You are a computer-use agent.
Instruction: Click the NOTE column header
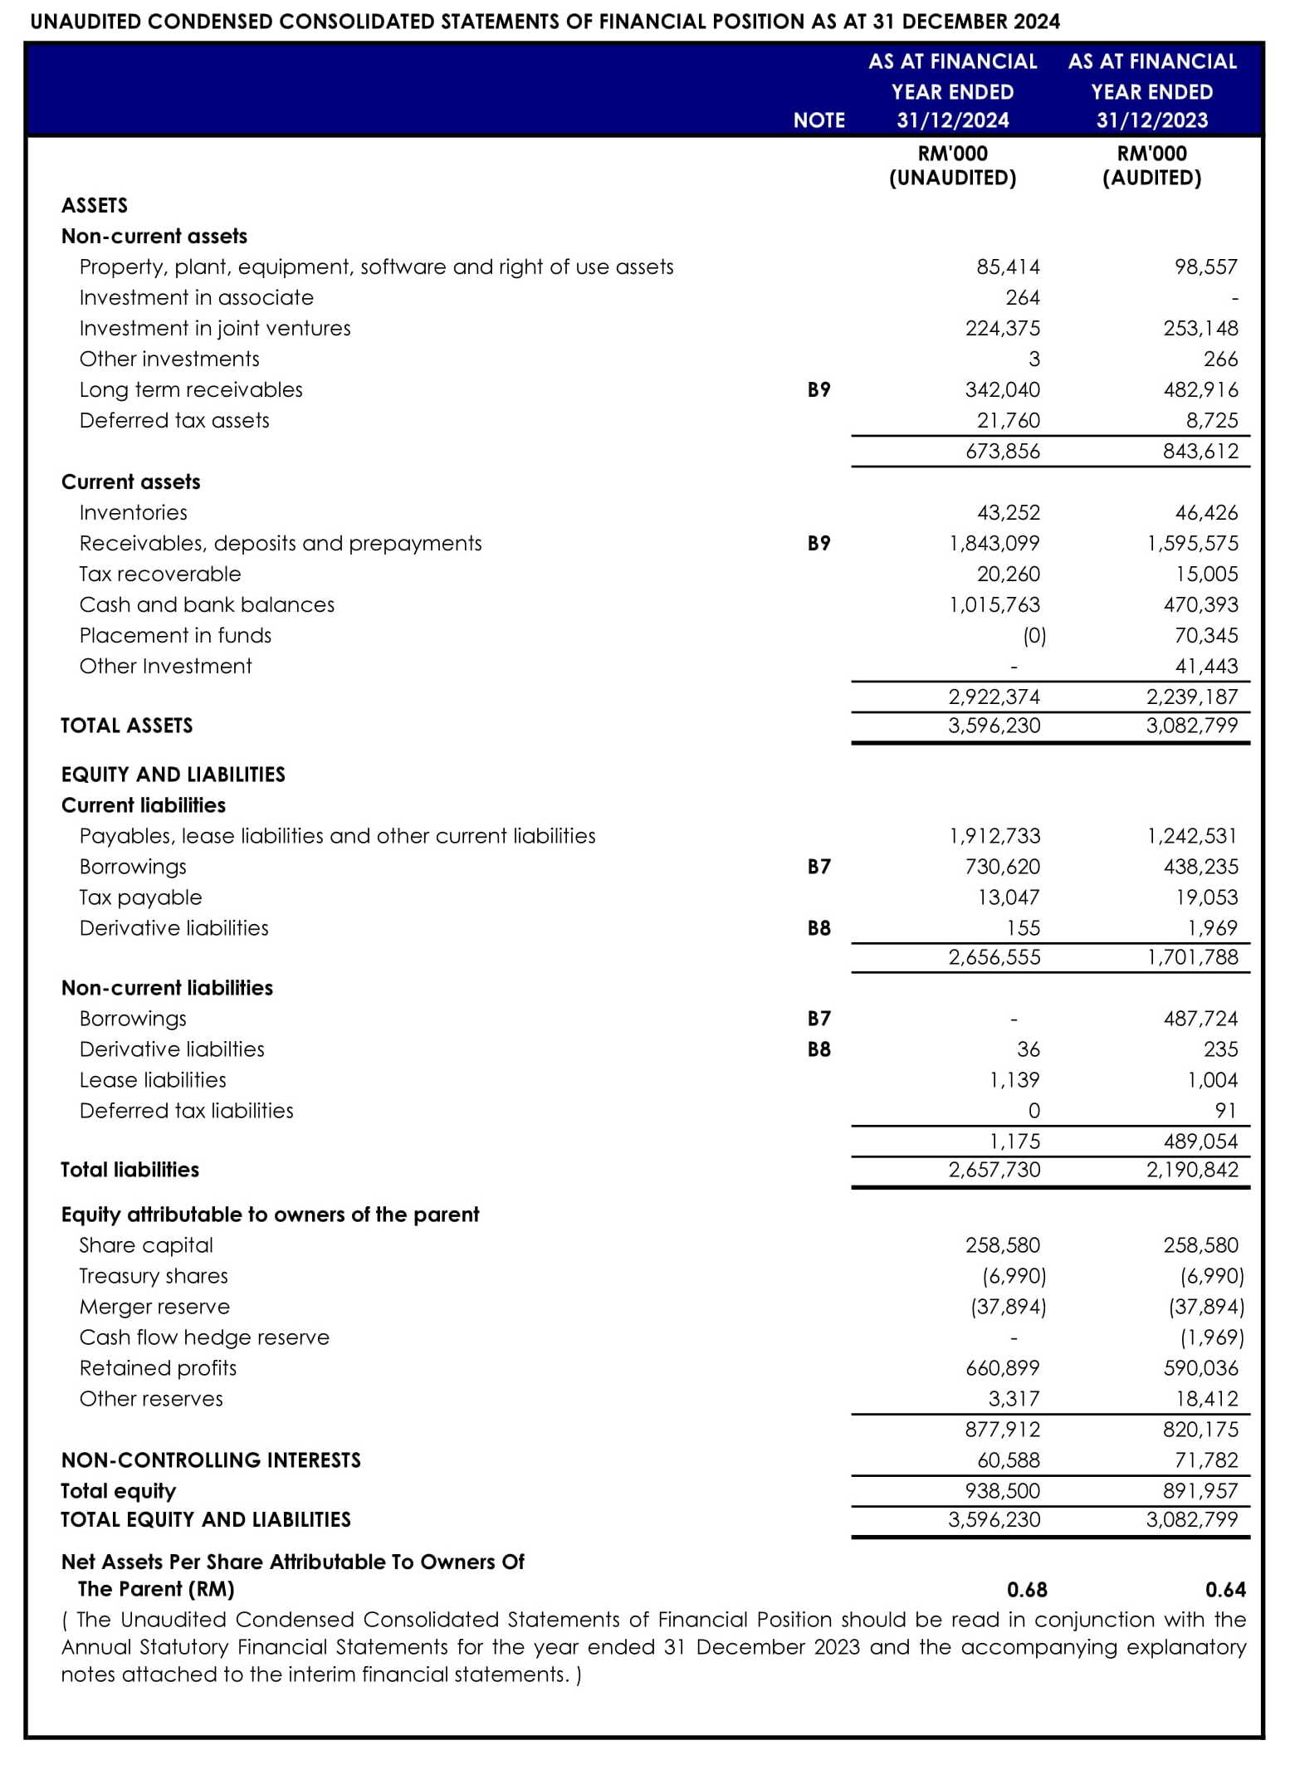818,120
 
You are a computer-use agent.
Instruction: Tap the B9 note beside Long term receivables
818,390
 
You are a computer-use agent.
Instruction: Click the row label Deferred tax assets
174,421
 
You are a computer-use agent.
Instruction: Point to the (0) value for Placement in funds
1033,636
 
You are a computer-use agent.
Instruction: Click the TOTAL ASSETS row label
127,726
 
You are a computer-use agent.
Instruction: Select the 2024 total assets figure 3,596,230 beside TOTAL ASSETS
994,726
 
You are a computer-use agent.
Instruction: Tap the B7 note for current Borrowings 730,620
818,867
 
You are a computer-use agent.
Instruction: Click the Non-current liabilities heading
167,988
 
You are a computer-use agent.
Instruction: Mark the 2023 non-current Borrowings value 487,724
1200,1019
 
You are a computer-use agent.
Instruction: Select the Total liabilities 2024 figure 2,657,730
994,1170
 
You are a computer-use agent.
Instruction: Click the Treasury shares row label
154,1276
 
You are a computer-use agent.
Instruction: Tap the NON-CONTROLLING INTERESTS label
211,1460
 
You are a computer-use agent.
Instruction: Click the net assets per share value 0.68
1027,1590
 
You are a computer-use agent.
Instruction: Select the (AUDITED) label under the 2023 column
1151,178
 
